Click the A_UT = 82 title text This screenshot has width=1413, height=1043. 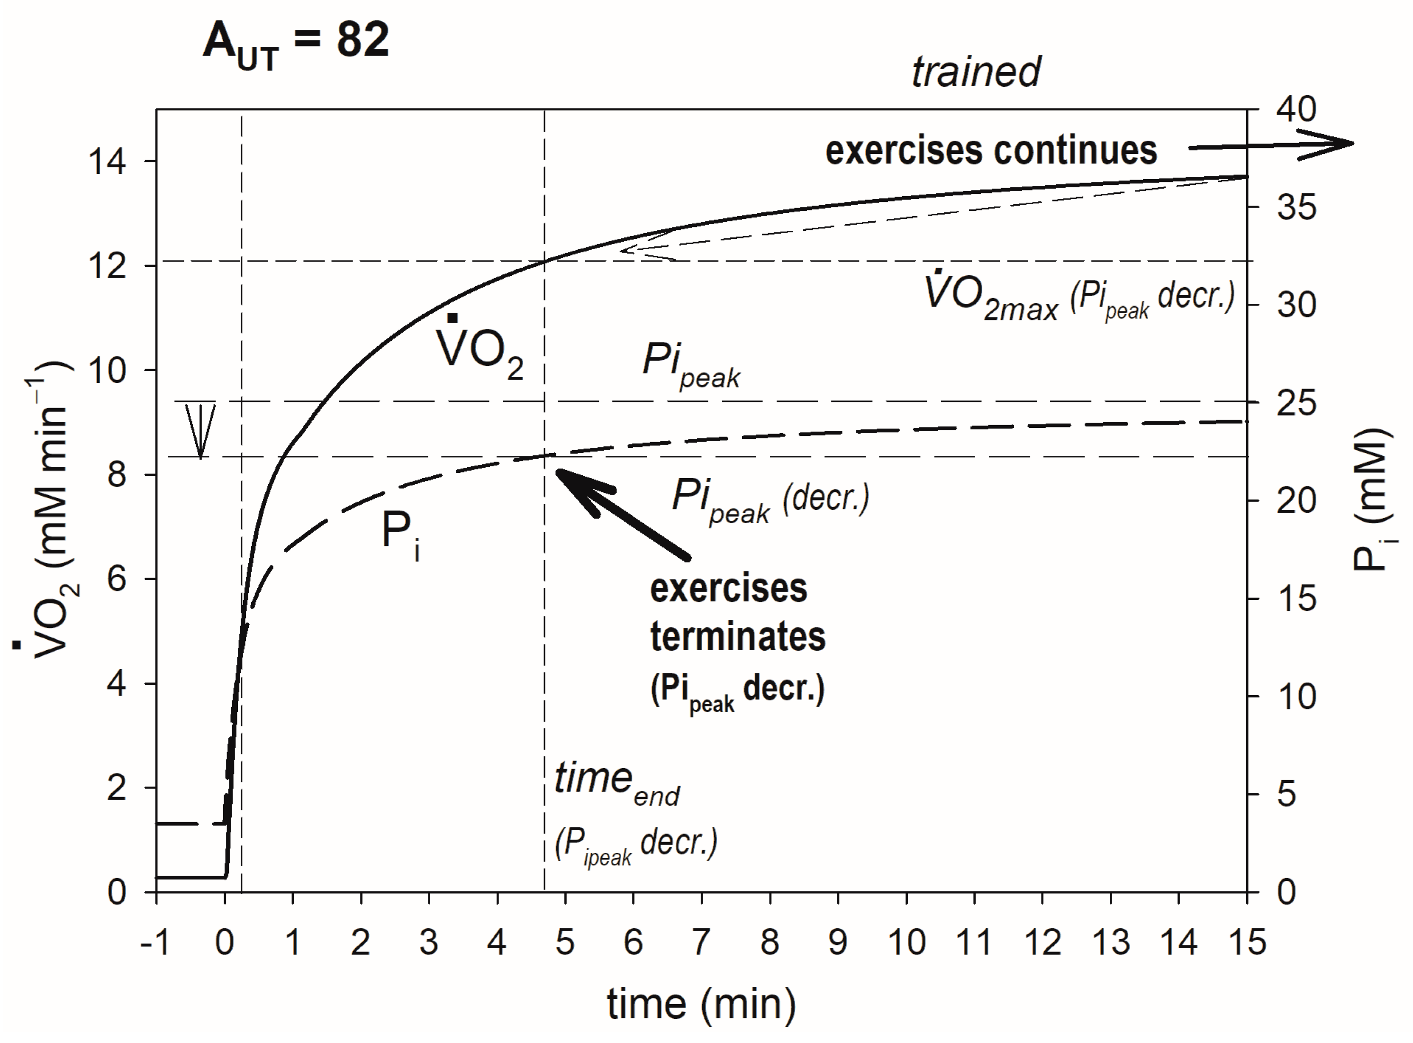[296, 42]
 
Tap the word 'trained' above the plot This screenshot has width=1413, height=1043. [976, 72]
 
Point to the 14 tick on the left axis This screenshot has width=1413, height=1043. [108, 162]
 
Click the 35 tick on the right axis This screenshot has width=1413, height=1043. [1296, 207]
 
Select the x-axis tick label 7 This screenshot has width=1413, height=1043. [701, 943]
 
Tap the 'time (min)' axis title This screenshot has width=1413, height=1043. [701, 1004]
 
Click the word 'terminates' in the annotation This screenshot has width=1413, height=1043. [737, 636]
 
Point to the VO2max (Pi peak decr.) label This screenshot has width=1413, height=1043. [1079, 297]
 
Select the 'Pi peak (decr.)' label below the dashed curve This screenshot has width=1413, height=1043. [770, 499]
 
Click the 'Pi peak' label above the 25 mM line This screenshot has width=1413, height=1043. [691, 364]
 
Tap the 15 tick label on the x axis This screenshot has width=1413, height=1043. [1247, 943]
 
